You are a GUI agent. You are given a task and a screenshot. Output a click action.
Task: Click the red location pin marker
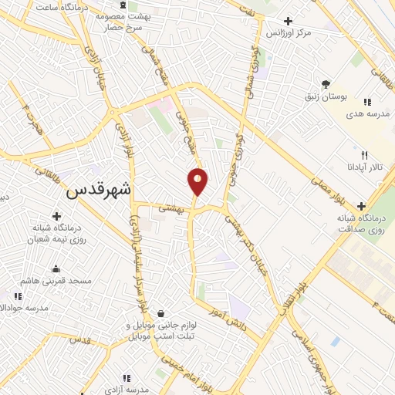197,181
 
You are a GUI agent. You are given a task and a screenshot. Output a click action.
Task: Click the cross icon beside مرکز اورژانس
289,21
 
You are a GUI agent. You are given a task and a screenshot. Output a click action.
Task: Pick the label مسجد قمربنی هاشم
56,281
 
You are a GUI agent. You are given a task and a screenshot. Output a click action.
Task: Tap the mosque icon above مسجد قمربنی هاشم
56,269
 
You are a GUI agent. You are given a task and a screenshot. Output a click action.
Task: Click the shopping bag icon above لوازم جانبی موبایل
160,314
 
